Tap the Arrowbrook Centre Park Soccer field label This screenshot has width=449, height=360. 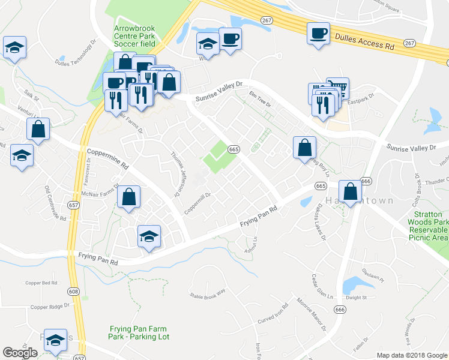[134, 35]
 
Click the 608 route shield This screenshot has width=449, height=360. [73, 292]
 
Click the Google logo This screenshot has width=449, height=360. [20, 353]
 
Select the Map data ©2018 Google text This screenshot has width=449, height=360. [411, 355]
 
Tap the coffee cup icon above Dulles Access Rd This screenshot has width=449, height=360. [318, 33]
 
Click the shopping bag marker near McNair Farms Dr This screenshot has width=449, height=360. [128, 197]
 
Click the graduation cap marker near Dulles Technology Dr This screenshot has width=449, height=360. [14, 47]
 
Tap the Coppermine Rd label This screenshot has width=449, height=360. [108, 158]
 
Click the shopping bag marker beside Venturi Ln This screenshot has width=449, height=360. [38, 128]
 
